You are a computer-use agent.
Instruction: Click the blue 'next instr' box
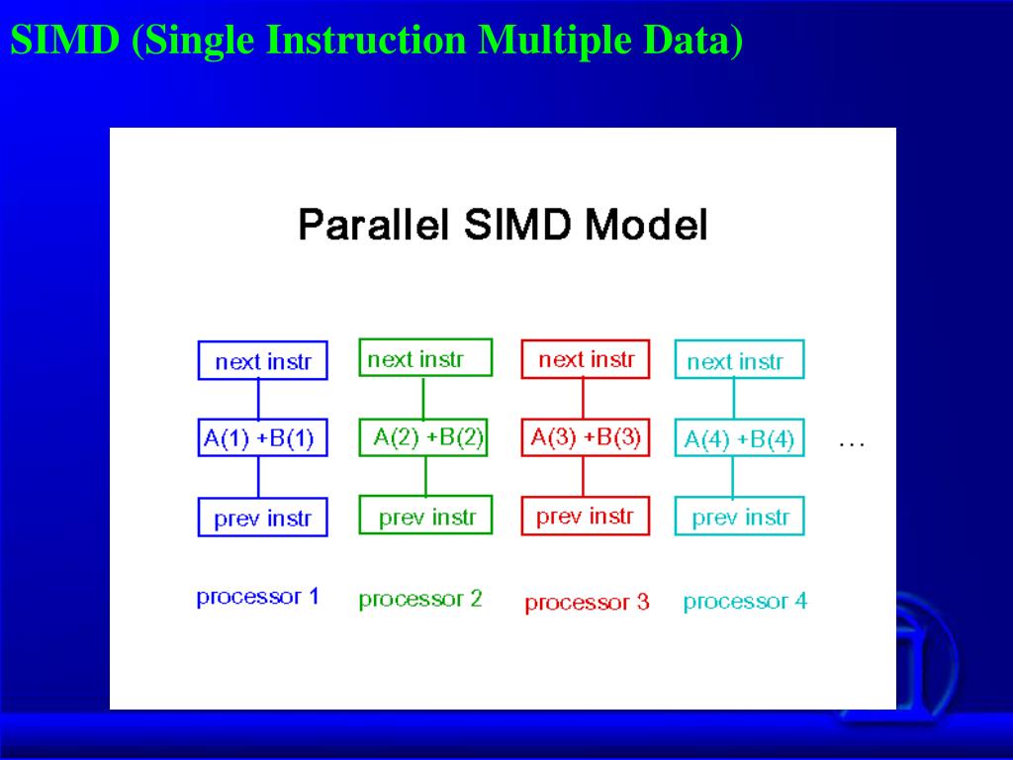pos(262,360)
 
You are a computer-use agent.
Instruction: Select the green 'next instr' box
pos(425,357)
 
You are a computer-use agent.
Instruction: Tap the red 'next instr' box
pos(586,358)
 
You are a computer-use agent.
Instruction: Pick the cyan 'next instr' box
pos(740,359)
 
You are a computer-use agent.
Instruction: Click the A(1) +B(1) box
pos(262,438)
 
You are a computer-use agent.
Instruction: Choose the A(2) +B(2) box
pos(423,437)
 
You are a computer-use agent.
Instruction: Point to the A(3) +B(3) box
pos(586,437)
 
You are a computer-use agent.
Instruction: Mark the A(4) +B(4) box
pos(740,438)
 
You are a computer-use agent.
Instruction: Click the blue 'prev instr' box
pos(262,517)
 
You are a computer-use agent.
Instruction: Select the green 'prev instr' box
pos(425,515)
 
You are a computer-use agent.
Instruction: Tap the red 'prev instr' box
pos(586,516)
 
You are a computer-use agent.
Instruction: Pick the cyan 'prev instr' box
pos(740,517)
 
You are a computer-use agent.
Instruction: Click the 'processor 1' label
pos(258,597)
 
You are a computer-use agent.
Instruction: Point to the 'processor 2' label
pos(420,600)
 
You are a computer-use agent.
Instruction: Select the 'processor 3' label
pos(587,603)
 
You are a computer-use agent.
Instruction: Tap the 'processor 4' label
pos(746,602)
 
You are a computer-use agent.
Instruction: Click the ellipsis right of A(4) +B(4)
pos(852,444)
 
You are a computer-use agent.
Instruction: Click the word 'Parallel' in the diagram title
pos(373,225)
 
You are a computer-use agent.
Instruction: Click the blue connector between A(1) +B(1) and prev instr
pos(259,478)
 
